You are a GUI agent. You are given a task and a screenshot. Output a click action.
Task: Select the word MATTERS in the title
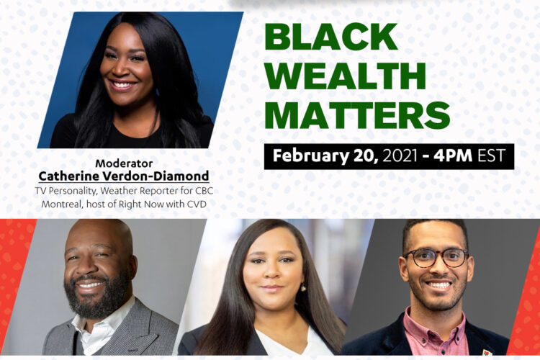(358, 114)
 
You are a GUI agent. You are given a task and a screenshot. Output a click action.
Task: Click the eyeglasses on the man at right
(436, 257)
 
